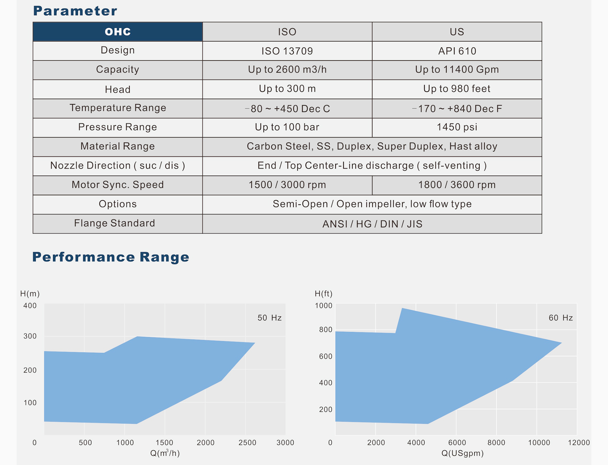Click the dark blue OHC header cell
(x=117, y=32)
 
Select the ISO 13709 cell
(x=287, y=51)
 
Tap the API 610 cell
(x=457, y=51)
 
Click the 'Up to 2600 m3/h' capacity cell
(x=287, y=70)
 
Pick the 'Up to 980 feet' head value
(x=457, y=89)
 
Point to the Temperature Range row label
(x=118, y=108)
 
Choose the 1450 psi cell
(x=457, y=127)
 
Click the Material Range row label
(x=117, y=146)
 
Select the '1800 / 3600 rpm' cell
(x=457, y=185)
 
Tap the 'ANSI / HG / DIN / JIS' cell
(x=372, y=224)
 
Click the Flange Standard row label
(x=115, y=223)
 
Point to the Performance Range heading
(x=111, y=257)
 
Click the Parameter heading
(x=75, y=11)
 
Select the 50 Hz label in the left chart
(x=269, y=318)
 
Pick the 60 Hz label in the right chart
(x=560, y=318)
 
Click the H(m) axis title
(x=30, y=294)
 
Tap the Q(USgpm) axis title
(x=462, y=453)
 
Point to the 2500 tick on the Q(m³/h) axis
(x=247, y=443)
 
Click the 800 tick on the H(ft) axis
(x=326, y=330)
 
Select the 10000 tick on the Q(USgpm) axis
(x=539, y=443)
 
